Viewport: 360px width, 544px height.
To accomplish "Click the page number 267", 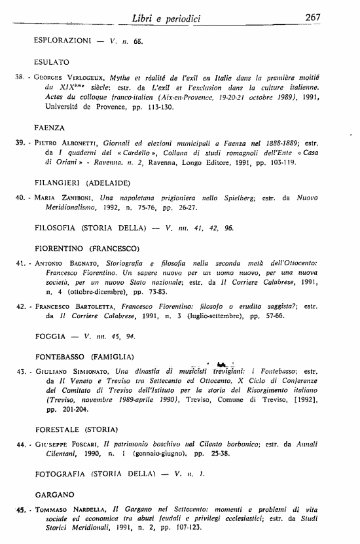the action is pos(313,17).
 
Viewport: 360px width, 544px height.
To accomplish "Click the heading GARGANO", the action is pos(54,494).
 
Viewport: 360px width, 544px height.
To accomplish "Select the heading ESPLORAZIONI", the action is pos(62,41).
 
